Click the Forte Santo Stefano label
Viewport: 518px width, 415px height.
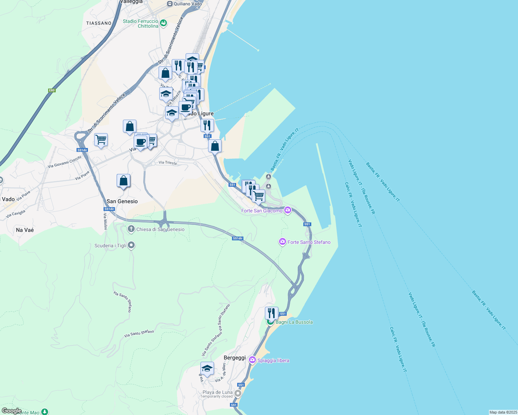point(309,242)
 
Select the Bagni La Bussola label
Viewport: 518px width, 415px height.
point(294,322)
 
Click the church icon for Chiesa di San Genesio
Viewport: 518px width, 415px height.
point(131,229)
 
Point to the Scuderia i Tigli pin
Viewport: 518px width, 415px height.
point(131,246)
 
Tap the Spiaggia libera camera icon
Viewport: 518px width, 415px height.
point(252,360)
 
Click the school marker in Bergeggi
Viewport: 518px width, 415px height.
point(207,368)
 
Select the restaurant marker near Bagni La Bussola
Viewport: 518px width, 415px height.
point(271,313)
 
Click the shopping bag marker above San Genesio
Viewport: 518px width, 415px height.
point(123,181)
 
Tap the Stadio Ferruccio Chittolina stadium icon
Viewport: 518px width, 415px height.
point(163,23)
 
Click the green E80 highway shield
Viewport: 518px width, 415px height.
point(52,90)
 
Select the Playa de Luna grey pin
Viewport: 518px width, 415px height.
point(238,394)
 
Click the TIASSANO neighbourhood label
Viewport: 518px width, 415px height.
point(99,23)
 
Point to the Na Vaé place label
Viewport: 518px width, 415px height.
point(25,230)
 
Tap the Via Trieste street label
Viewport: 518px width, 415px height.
point(168,163)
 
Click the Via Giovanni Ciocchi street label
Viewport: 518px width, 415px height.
point(64,162)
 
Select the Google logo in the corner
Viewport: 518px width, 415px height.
point(11,411)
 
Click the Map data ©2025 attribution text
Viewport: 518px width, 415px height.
point(503,412)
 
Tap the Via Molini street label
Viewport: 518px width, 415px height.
point(105,221)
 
